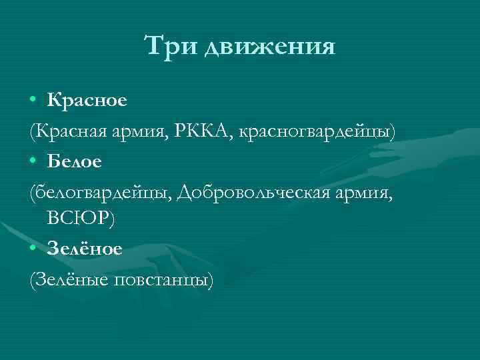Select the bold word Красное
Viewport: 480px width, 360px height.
pos(87,101)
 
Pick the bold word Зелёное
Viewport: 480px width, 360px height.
pos(84,249)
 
